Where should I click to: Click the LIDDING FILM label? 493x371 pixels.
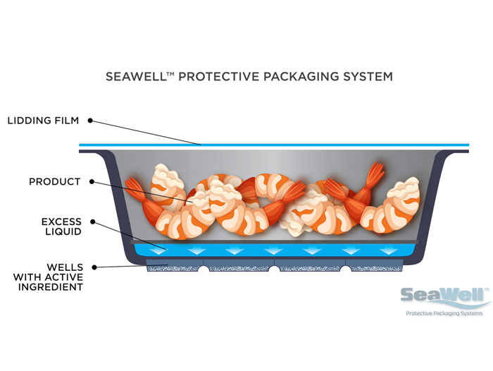pyautogui.click(x=42, y=121)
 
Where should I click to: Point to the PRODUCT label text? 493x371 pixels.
pyautogui.click(x=54, y=182)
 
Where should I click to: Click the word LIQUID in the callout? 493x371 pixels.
pyautogui.click(x=63, y=232)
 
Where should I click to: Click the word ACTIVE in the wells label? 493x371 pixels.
pyautogui.click(x=66, y=277)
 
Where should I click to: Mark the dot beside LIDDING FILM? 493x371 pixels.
pyautogui.click(x=91, y=121)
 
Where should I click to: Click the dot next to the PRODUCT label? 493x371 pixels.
pyautogui.click(x=90, y=182)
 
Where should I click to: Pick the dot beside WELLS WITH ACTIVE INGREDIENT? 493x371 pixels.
pyautogui.click(x=95, y=267)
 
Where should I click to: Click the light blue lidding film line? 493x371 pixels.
pyautogui.click(x=275, y=145)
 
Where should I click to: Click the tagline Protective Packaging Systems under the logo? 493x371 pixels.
pyautogui.click(x=444, y=313)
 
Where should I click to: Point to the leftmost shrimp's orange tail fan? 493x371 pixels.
pyautogui.click(x=134, y=188)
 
